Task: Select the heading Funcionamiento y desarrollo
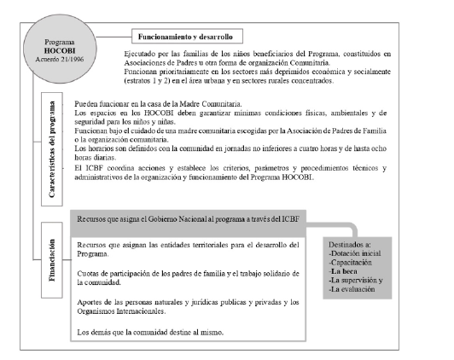pos(187,37)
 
